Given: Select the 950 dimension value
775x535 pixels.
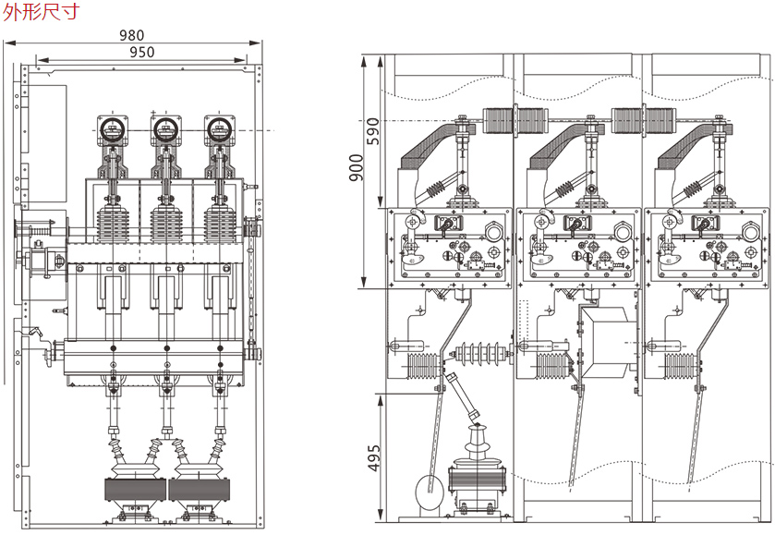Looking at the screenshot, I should click(x=141, y=53).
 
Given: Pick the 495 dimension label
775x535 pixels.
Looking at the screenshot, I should click(x=374, y=456).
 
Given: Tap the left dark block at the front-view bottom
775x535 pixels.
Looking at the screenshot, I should click(x=138, y=490).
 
